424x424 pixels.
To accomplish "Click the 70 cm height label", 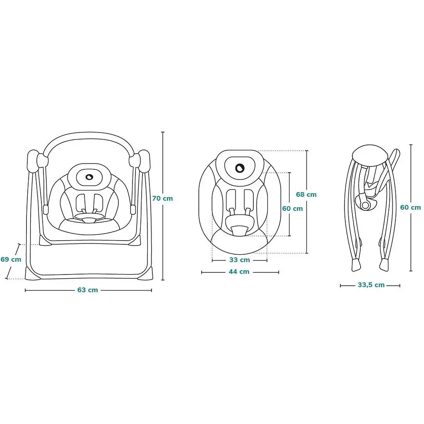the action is pyautogui.click(x=162, y=198).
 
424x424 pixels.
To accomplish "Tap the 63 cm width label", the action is pyautogui.click(x=88, y=290).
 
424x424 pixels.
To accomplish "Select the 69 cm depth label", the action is pyautogui.click(x=11, y=259).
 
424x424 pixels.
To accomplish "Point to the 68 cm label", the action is pyautogui.click(x=306, y=195).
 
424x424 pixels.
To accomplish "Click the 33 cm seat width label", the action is pyautogui.click(x=240, y=260).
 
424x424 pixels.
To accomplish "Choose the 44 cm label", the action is pyautogui.click(x=239, y=272).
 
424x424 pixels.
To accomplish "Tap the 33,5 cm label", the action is pyautogui.click(x=371, y=285).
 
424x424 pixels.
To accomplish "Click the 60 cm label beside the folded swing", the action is pyautogui.click(x=410, y=207).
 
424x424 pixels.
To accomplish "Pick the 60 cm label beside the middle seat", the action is pyautogui.click(x=292, y=209).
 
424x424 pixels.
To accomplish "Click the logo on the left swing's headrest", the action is pyautogui.click(x=89, y=177).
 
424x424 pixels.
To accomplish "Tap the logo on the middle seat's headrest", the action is pyautogui.click(x=240, y=168).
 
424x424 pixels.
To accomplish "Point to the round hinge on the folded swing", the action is pyautogui.click(x=365, y=205).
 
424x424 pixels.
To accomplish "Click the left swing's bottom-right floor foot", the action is pyautogui.click(x=145, y=273).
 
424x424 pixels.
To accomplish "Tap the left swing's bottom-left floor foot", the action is pyautogui.click(x=32, y=273).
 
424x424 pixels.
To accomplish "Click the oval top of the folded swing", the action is pyautogui.click(x=370, y=156).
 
